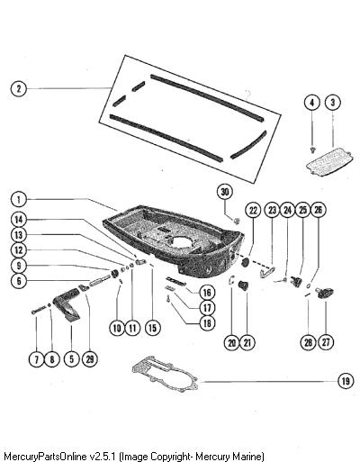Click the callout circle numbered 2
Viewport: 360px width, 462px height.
19,88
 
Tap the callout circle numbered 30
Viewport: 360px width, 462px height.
225,192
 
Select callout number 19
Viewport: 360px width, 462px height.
346,381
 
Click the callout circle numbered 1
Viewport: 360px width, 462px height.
19,199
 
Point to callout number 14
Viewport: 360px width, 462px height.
19,220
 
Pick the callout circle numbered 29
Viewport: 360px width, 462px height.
90,359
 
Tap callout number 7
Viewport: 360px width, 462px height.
37,359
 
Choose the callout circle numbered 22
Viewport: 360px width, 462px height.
254,210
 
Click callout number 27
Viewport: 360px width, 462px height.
326,342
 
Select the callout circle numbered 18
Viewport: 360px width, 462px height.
207,323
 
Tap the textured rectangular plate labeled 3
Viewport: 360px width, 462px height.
328,162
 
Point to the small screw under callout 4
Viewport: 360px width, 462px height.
313,149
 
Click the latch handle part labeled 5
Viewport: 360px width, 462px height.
67,304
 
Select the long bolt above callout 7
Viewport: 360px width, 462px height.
39,311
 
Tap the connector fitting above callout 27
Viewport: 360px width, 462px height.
325,293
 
